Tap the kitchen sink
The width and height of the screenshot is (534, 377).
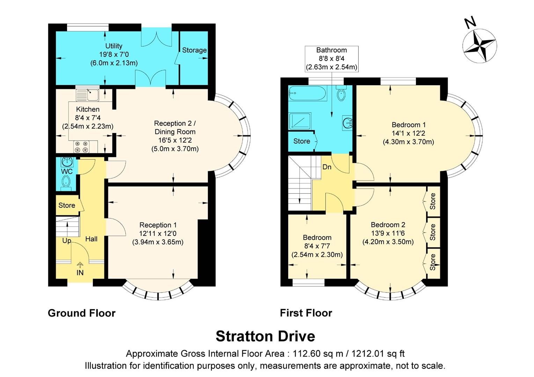coord(88,95)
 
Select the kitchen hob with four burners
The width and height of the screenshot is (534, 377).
coord(81,147)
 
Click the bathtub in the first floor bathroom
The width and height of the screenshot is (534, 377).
coord(307,94)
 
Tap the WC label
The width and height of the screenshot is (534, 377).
coord(67,171)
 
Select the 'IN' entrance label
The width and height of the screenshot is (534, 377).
coord(80,273)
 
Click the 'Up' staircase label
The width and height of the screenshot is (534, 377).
coord(66,241)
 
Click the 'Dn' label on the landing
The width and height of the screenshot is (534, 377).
coord(327,167)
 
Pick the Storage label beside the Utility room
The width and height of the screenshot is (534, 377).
coord(194,50)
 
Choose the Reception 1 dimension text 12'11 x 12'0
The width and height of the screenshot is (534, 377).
coord(158,234)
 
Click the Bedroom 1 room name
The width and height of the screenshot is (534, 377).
coord(408,125)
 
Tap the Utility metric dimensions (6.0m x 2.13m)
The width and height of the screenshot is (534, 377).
coord(114,63)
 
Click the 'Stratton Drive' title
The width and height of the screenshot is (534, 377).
coord(265,336)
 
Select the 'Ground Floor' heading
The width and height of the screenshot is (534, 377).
coord(81,313)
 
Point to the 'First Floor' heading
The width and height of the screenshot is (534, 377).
coord(306,313)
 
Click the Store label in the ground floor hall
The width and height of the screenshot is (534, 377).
coord(67,205)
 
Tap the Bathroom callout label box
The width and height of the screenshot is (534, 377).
coord(331,59)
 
